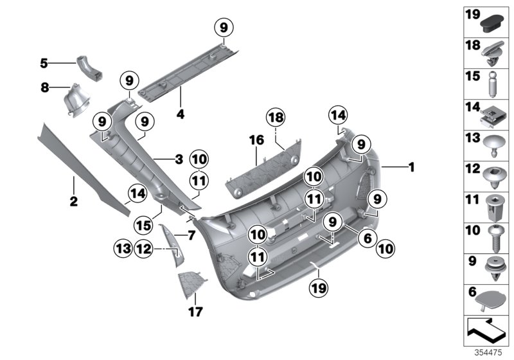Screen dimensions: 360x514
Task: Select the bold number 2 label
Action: click(x=73, y=202)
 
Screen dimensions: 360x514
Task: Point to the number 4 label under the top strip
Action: click(x=181, y=114)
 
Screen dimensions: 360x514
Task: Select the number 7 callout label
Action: click(x=190, y=235)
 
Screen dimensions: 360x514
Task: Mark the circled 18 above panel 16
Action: click(x=275, y=119)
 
